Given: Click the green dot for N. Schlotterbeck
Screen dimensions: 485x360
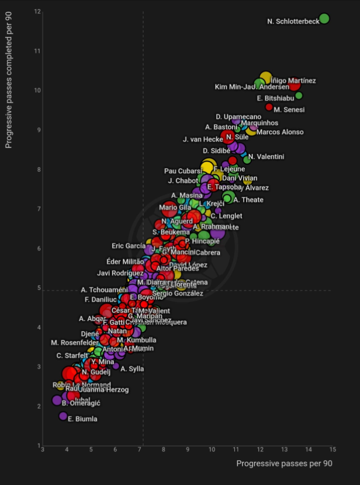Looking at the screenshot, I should click(324, 19).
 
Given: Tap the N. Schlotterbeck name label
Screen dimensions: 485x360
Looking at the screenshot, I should click(293, 22).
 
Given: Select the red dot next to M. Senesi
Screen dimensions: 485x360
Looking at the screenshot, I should click(269, 107).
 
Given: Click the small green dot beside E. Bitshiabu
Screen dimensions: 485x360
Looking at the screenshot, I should click(299, 96).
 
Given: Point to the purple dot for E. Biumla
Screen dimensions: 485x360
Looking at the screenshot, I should click(63, 416).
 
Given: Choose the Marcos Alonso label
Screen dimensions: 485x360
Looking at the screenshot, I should click(280, 132).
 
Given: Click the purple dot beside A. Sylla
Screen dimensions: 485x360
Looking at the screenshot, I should click(116, 366).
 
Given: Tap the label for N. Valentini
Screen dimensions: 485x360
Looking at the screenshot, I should click(266, 157).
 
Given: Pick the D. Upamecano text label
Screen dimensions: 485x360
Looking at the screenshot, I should click(238, 117).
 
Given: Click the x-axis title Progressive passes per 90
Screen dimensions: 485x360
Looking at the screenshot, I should click(284, 464).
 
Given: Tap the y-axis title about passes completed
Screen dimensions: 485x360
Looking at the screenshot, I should click(9, 79).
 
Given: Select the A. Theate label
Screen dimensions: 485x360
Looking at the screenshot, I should click(248, 200).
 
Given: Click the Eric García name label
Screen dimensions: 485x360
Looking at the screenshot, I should click(128, 246).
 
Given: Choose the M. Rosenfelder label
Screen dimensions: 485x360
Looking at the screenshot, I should click(75, 343).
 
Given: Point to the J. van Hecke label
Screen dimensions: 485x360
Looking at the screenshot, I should click(202, 140).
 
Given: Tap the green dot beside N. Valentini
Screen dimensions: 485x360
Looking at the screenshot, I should click(247, 160).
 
